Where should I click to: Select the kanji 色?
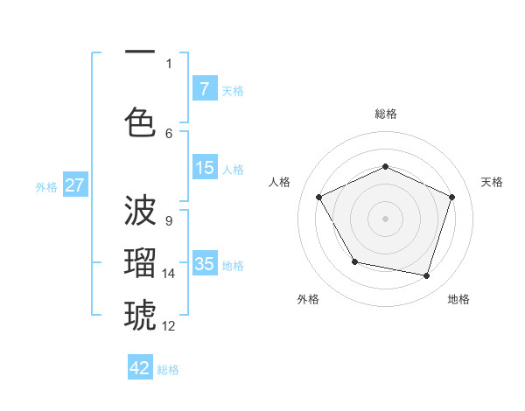pos(140,122)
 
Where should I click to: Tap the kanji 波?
pos(140,211)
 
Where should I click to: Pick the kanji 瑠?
pos(140,261)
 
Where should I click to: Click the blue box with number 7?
pos(204,88)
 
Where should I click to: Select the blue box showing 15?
pos(204,168)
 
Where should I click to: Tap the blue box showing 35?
pos(204,264)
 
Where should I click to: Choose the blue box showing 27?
pos(74,185)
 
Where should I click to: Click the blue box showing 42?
pos(140,368)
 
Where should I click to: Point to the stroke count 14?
pos(169,274)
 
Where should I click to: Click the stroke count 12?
pos(169,326)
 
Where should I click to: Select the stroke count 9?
pos(168,221)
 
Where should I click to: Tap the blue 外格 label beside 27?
pos(46,186)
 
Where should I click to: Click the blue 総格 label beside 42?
pos(168,370)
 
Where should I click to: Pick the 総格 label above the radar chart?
pos(386,114)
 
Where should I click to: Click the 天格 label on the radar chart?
pos(492,182)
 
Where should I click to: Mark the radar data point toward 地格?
pos(426,276)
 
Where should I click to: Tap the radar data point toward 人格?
pos(319,197)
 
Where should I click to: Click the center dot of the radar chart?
pos(385,218)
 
